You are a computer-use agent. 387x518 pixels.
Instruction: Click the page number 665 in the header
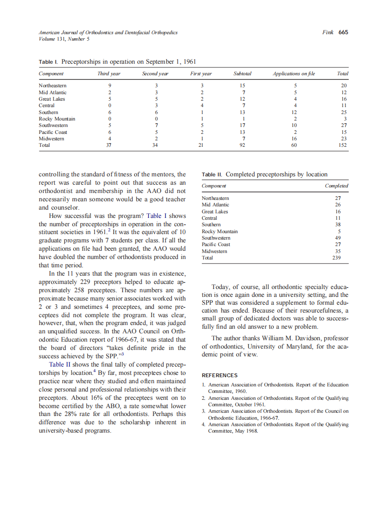343,32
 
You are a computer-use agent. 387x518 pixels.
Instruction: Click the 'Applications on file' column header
294,73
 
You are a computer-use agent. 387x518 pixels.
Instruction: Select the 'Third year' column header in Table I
109,73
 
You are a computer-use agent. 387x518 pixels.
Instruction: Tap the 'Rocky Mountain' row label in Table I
57,119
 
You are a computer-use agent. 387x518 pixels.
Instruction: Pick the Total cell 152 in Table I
343,145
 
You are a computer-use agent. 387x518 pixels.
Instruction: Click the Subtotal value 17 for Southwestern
242,125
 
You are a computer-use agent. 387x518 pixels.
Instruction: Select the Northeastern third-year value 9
109,85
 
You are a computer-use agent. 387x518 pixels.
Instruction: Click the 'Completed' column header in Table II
336,186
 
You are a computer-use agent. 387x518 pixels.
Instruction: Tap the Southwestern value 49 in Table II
338,238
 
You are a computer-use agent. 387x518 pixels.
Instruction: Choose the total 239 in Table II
336,258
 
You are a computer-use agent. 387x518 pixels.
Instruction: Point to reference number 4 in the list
204,424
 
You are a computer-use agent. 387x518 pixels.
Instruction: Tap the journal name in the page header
108,33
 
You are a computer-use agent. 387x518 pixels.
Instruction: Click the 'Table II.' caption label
212,175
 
